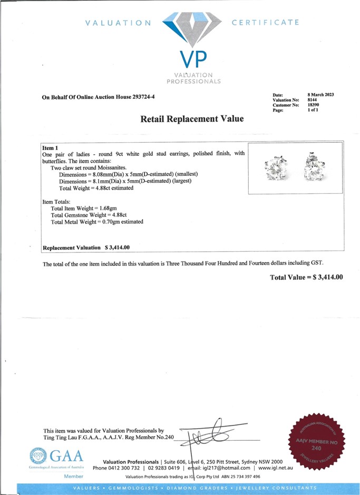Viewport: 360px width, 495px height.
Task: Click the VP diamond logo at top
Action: coord(191,32)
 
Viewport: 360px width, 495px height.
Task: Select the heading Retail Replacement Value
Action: coord(192,119)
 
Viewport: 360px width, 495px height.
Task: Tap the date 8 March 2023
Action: coord(321,94)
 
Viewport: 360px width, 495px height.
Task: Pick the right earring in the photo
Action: coord(314,166)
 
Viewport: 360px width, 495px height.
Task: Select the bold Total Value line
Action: coord(306,277)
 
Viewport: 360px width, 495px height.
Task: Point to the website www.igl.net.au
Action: coord(280,468)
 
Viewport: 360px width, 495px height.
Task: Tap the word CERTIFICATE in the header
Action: coord(265,23)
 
